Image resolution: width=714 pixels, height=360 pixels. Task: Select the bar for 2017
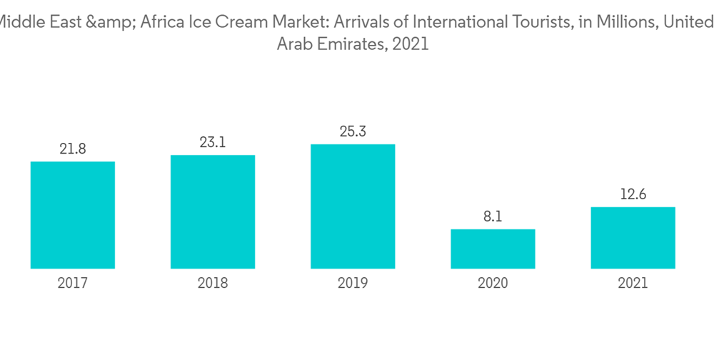[x=73, y=215]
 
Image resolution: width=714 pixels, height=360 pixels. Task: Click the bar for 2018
[x=213, y=211]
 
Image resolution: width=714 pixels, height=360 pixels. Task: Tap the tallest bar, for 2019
[x=353, y=206]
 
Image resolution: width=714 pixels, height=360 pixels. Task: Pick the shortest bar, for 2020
[x=493, y=249]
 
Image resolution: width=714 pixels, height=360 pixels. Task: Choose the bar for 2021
[x=633, y=238]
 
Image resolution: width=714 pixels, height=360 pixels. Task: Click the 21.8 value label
[x=73, y=149]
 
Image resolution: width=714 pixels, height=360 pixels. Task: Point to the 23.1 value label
[x=213, y=142]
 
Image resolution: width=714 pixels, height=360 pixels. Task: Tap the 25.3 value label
[x=353, y=131]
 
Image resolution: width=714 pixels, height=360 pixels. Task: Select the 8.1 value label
[x=493, y=216]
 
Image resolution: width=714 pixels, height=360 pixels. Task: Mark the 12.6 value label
[x=633, y=194]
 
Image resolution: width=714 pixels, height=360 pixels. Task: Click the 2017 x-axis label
[x=73, y=284]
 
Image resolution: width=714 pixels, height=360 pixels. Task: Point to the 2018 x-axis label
[x=213, y=284]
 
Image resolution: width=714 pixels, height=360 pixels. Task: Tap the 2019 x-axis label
[x=353, y=284]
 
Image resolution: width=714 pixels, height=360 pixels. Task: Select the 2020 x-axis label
[x=493, y=284]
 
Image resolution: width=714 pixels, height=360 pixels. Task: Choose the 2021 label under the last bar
[x=633, y=284]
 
